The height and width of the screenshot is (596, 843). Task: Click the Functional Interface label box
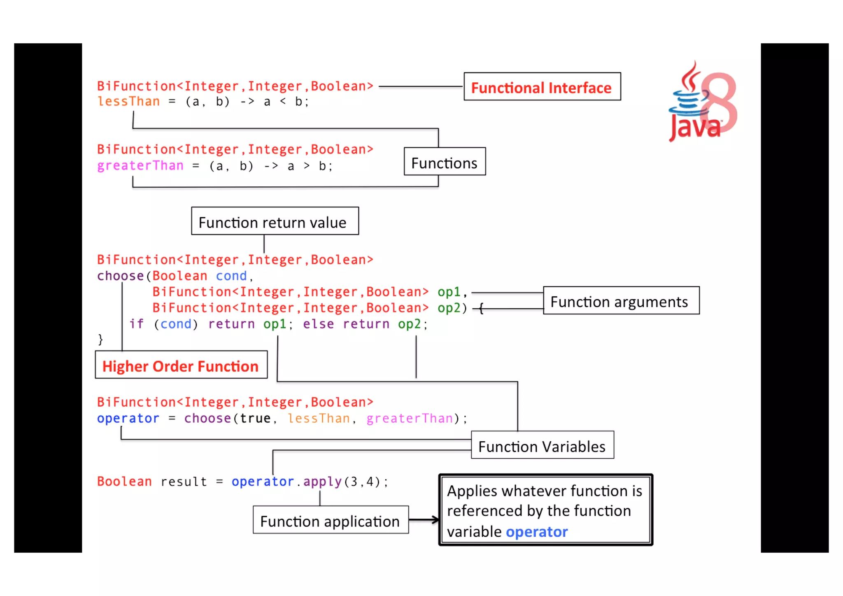point(542,87)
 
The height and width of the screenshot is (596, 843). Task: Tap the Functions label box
point(444,162)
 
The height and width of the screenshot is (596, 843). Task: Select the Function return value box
point(275,221)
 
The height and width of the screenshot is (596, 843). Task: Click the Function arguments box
point(620,301)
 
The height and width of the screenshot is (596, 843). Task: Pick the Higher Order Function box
point(181,365)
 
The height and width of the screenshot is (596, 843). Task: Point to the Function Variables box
point(542,445)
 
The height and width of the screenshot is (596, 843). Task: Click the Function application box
point(330,520)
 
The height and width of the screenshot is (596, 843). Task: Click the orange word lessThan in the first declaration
point(128,102)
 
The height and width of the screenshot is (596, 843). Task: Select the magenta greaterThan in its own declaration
point(140,166)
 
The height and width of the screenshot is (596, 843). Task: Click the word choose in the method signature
point(120,276)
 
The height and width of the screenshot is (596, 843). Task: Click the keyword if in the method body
point(136,324)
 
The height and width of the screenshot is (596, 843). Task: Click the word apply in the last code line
point(322,482)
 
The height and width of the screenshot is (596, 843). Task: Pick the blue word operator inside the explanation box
point(536,532)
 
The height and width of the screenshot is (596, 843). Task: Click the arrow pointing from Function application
point(424,520)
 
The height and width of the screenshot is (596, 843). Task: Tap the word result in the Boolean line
point(184,482)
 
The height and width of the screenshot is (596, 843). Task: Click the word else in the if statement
point(318,324)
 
